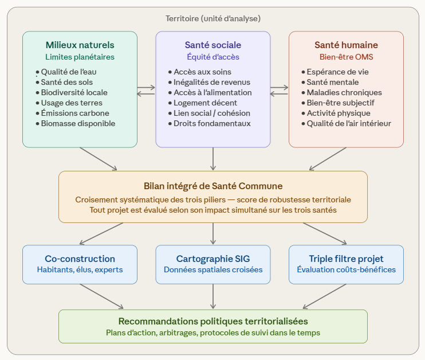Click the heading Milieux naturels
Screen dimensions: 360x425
pyautogui.click(x=80, y=45)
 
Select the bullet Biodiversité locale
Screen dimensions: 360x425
pyautogui.click(x=74, y=92)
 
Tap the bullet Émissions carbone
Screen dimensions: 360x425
pyautogui.click(x=74, y=113)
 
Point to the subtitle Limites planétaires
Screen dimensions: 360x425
pyautogui.click(x=80, y=57)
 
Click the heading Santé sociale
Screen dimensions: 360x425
pyautogui.click(x=213, y=45)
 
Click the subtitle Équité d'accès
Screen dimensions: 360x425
pyautogui.click(x=213, y=57)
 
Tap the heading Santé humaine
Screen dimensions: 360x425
pyautogui.click(x=346, y=45)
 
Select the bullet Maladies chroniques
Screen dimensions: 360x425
pyautogui.click(x=344, y=92)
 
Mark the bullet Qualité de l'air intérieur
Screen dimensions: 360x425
pyautogui.click(x=349, y=123)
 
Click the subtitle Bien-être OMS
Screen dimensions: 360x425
pyautogui.click(x=346, y=57)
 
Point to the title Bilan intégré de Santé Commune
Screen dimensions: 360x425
pyautogui.click(x=213, y=186)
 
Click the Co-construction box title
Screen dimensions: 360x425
pyautogui.click(x=80, y=259)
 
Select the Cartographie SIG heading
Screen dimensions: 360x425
pyautogui.click(x=213, y=259)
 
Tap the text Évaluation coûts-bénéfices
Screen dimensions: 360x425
pyautogui.click(x=346, y=269)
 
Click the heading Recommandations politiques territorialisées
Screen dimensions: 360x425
pyautogui.click(x=213, y=321)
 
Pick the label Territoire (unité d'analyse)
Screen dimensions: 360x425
pyautogui.click(x=213, y=18)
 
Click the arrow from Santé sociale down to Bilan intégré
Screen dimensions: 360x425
pyautogui.click(x=213, y=159)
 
